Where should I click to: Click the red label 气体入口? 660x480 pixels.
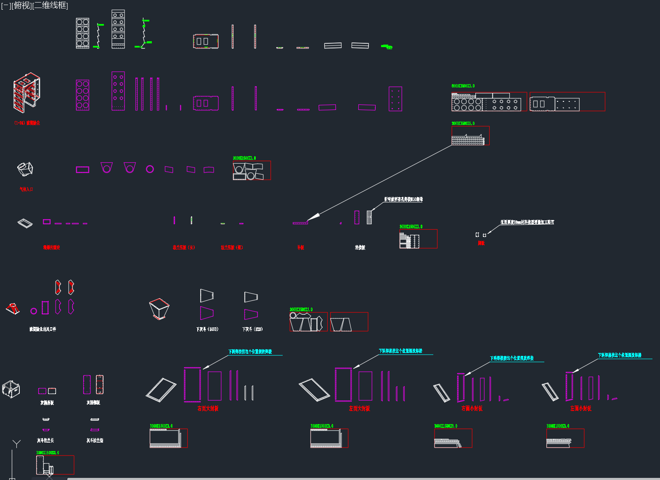tap(26, 189)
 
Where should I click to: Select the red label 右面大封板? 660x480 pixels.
tap(208, 408)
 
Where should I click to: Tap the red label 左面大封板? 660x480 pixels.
tap(359, 408)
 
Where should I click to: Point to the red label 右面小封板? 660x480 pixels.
tap(472, 408)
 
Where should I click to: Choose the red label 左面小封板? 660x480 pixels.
tap(581, 408)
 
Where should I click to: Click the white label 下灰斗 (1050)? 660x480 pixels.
tap(207, 329)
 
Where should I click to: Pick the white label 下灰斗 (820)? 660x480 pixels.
tap(252, 329)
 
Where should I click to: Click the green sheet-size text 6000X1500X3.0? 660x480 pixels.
tap(463, 86)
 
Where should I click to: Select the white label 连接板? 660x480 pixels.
tap(360, 247)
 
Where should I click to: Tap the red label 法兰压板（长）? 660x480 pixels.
tap(184, 247)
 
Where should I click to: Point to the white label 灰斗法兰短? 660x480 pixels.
tap(95, 440)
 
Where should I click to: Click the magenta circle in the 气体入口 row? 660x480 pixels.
tap(150, 169)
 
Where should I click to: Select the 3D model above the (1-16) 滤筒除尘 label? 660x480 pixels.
tap(27, 93)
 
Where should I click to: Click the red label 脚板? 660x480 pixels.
tap(481, 243)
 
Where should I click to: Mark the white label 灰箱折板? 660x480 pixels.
tap(47, 403)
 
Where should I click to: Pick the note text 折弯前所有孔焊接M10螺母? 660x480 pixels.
tap(403, 199)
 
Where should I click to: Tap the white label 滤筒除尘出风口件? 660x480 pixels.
tap(42, 329)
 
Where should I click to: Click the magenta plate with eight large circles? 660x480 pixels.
tap(82, 95)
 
